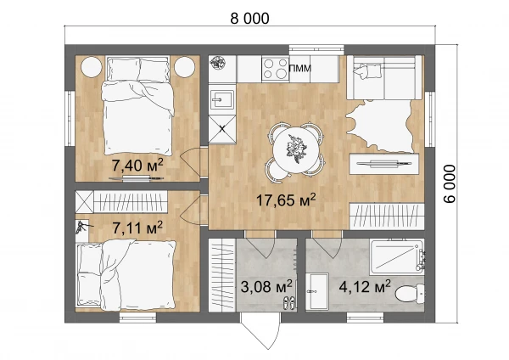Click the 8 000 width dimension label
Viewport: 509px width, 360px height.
[249, 19]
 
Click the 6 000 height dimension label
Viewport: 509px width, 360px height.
[450, 184]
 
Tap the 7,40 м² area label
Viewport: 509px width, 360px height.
[137, 165]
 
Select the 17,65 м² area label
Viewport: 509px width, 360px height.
[286, 200]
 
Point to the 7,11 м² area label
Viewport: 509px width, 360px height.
[137, 228]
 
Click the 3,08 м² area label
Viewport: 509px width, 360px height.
[266, 287]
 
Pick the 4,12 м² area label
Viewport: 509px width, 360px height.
[365, 287]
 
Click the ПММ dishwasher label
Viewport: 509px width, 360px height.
[300, 68]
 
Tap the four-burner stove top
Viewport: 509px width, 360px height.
[275, 69]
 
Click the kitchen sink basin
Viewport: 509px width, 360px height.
[222, 99]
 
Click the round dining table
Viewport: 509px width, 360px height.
[295, 149]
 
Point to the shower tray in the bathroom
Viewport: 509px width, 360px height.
[397, 256]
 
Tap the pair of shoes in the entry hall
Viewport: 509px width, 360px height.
[289, 303]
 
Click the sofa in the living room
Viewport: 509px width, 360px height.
[384, 77]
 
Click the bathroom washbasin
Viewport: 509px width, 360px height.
[316, 291]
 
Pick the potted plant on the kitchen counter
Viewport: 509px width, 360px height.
[217, 62]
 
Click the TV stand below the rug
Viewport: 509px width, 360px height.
[383, 164]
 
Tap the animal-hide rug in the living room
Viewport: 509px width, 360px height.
[380, 126]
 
